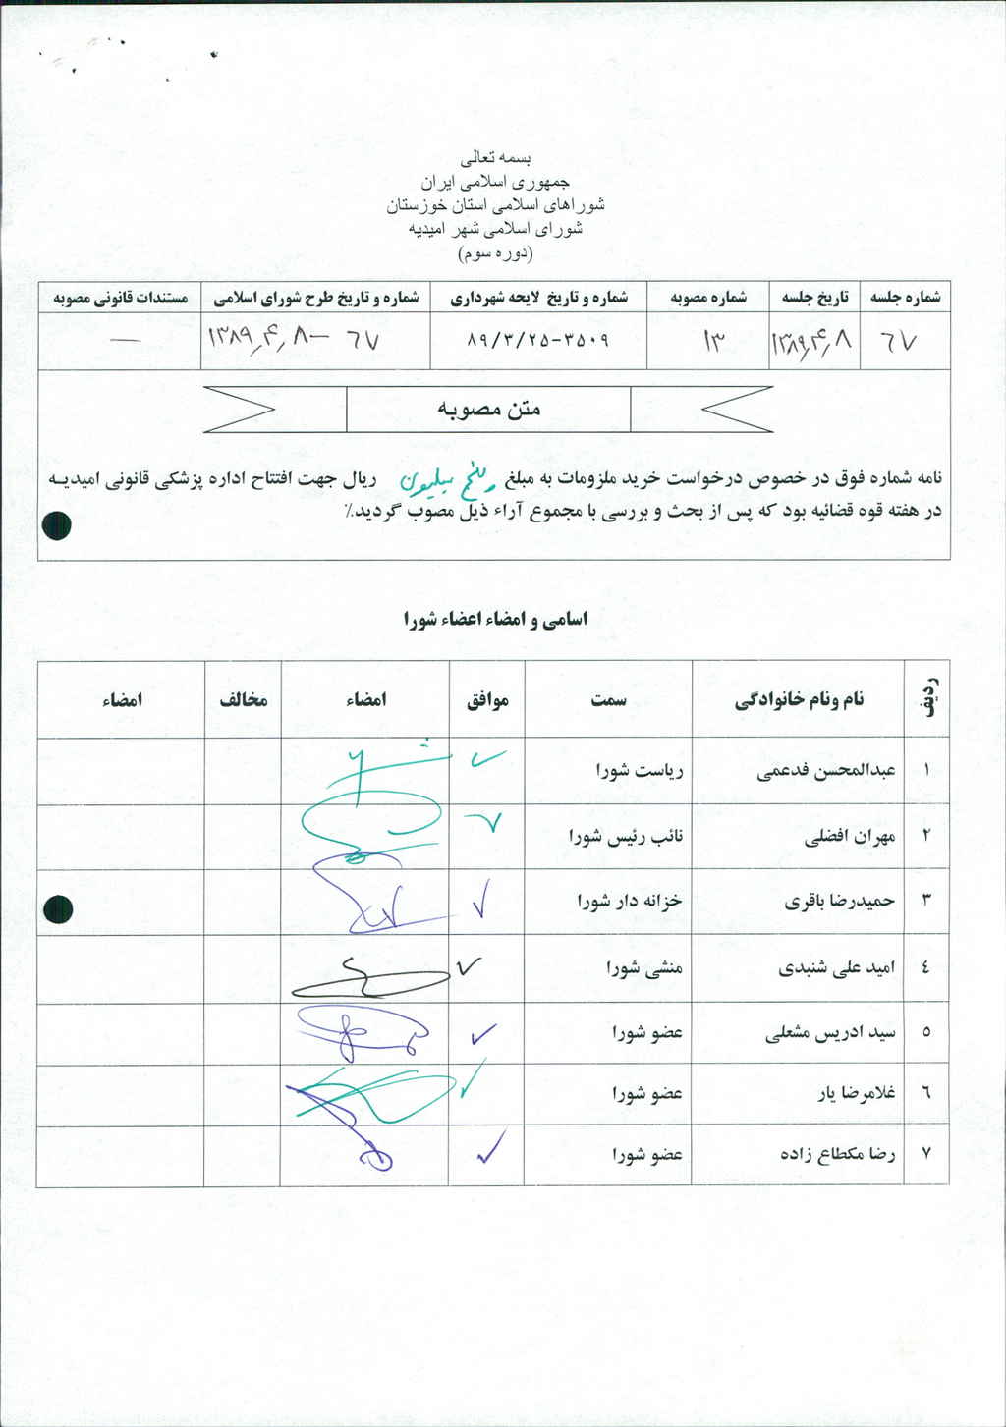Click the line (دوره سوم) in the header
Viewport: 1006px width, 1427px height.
pos(496,253)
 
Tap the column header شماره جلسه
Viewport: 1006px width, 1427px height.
pos(905,297)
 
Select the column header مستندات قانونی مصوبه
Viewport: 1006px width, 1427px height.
pos(120,298)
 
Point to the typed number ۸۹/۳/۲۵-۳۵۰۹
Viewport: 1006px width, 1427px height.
pos(537,340)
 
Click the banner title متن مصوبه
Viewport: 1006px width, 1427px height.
pos(488,409)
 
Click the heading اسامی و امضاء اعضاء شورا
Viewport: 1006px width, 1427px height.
pos(495,619)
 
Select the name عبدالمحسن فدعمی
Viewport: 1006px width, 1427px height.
pos(826,771)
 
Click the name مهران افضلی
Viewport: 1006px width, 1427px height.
pos(850,837)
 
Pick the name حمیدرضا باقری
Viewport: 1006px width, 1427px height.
pos(839,901)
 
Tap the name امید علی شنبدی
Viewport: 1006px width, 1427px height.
pos(837,968)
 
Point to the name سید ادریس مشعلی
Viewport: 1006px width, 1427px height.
pos(830,1033)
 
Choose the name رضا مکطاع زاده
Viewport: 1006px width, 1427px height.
pos(838,1154)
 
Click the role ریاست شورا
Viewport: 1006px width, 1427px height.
pos(640,771)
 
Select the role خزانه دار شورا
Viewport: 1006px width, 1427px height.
pos(630,901)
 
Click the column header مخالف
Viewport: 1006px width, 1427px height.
pos(243,699)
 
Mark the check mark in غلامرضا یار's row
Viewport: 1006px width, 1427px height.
pos(472,1080)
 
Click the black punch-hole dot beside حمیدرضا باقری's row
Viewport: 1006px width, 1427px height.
pos(58,909)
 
